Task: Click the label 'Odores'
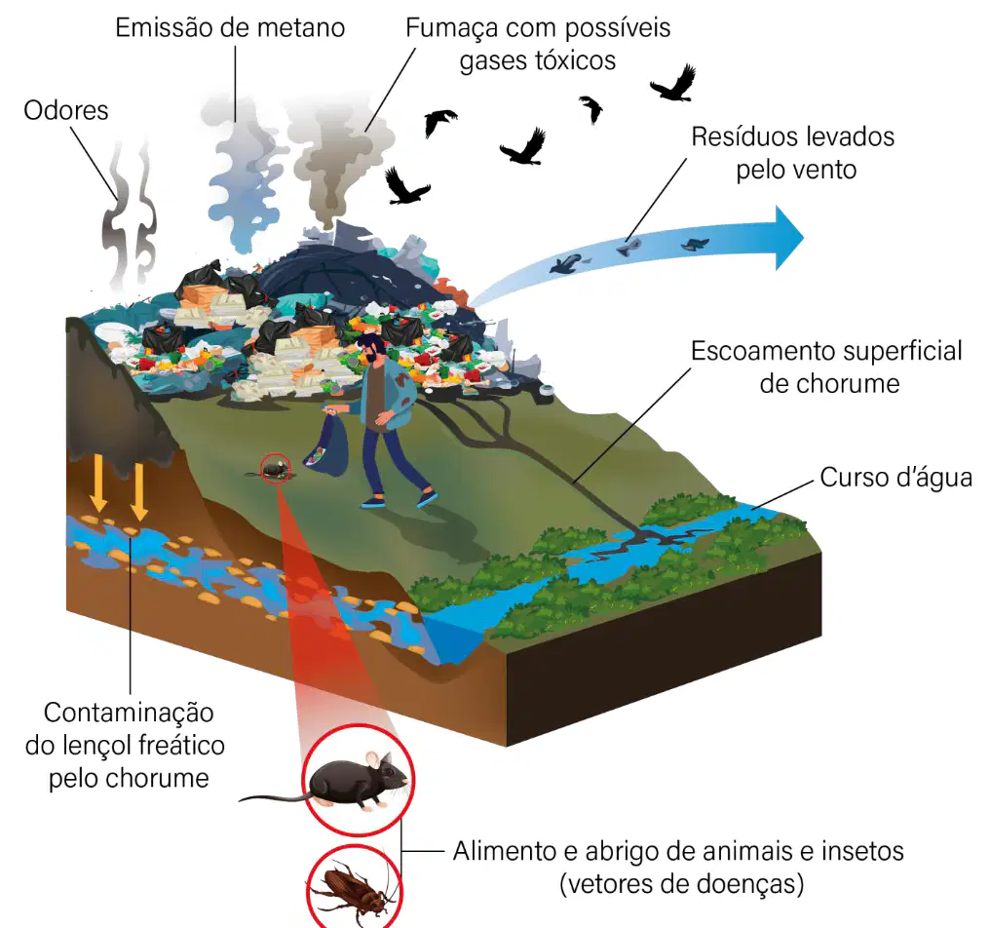click(x=66, y=110)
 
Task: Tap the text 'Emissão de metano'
click(x=230, y=28)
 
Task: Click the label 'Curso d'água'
click(x=895, y=478)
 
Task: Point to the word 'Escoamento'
click(x=758, y=351)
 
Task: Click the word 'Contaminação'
click(x=129, y=714)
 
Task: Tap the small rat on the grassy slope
click(x=275, y=470)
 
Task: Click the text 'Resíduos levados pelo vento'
click(x=794, y=153)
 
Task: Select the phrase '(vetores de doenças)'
click(x=682, y=884)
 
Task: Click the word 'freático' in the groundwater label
click(x=182, y=746)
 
